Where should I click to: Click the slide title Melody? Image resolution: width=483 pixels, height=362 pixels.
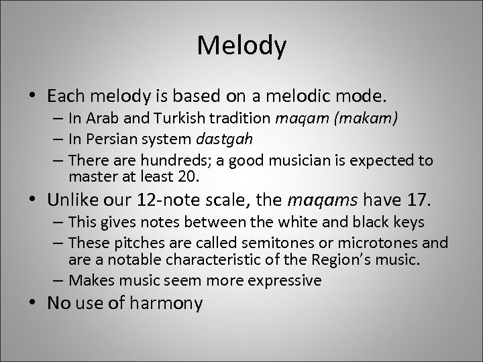point(242,46)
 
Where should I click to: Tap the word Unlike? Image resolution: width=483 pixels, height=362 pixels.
point(72,200)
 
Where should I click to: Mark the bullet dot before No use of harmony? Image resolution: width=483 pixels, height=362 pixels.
point(38,303)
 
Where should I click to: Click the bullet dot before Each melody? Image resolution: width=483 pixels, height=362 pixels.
point(38,98)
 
